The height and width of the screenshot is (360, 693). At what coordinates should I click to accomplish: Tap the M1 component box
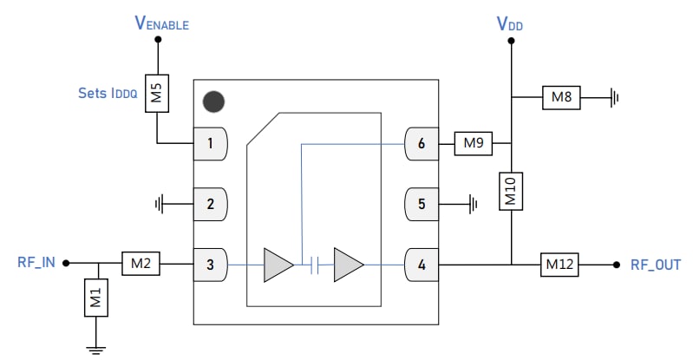[x=96, y=298]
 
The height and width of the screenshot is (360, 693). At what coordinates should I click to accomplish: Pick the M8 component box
[x=561, y=98]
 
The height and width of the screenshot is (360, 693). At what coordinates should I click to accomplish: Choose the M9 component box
[x=473, y=143]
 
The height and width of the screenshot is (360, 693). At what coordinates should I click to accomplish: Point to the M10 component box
[x=512, y=191]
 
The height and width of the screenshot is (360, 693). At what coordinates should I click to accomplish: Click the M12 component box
[x=561, y=264]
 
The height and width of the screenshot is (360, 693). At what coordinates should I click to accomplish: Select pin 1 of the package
[x=210, y=144]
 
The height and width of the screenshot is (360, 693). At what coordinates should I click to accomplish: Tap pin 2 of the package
[x=210, y=205]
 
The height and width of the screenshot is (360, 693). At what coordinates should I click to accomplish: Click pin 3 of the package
[x=210, y=264]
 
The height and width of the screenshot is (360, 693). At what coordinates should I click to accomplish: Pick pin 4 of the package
[x=422, y=264]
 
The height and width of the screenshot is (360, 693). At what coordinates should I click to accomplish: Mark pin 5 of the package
[x=422, y=205]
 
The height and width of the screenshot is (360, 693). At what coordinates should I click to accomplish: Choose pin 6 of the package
[x=422, y=144]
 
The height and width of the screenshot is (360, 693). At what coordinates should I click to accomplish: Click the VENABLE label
[x=161, y=24]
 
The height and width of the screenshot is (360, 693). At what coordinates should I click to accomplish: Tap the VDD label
[x=510, y=24]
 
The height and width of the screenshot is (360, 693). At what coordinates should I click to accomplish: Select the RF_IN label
[x=36, y=263]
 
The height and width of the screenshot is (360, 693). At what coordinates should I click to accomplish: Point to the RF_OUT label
[x=656, y=264]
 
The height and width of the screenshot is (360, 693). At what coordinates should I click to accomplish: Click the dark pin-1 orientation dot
[x=213, y=101]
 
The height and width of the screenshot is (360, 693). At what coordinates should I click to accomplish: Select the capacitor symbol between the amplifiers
[x=315, y=264]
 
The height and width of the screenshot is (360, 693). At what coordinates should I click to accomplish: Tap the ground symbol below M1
[x=96, y=349]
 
